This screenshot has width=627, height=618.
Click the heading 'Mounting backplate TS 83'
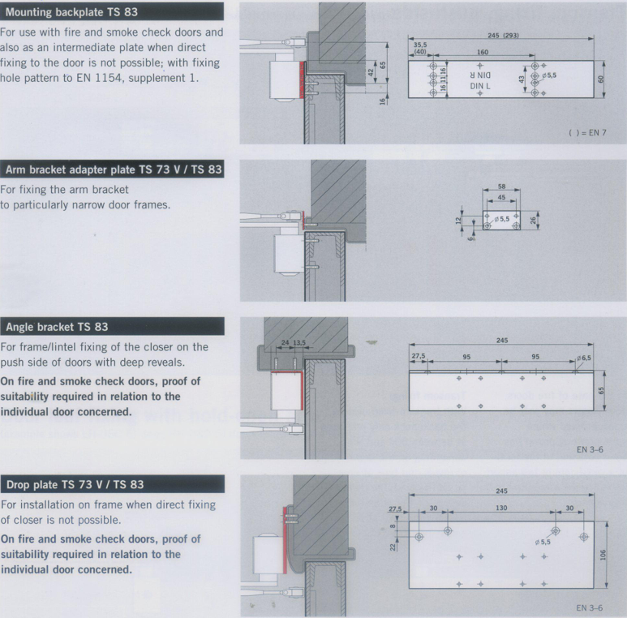(x=71, y=12)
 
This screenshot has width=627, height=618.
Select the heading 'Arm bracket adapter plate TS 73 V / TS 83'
(x=114, y=170)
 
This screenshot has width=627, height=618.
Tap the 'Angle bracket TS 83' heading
(x=57, y=327)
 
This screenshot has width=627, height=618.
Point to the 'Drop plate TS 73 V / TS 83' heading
(x=75, y=484)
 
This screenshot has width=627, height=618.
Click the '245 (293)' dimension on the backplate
(x=503, y=35)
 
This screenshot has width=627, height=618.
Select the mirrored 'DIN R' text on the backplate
(x=480, y=75)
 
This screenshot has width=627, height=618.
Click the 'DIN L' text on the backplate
(x=480, y=86)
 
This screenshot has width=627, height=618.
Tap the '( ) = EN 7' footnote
(x=587, y=133)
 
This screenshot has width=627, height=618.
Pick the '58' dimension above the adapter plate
(x=502, y=187)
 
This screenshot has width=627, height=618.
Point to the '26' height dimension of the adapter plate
(x=533, y=221)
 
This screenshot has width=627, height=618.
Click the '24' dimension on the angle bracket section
(x=285, y=342)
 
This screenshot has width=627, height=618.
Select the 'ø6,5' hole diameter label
(x=584, y=358)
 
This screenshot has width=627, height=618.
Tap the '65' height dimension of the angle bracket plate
(x=601, y=390)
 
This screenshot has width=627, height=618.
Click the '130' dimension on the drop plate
(x=501, y=508)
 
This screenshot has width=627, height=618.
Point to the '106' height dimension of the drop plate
(x=603, y=555)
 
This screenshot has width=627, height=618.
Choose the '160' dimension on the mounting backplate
(x=483, y=52)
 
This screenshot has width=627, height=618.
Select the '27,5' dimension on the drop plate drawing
(x=395, y=509)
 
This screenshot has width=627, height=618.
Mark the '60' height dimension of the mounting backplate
(x=600, y=79)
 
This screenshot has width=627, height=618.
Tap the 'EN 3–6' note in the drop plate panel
(x=590, y=607)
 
